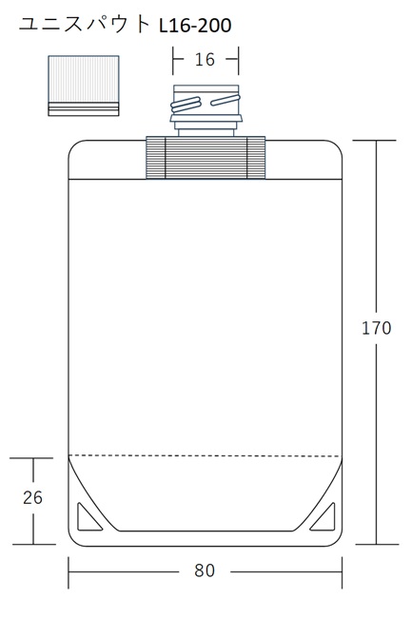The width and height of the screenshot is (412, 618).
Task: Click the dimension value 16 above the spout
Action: pyautogui.click(x=205, y=60)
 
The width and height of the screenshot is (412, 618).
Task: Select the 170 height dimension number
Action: pyautogui.click(x=377, y=328)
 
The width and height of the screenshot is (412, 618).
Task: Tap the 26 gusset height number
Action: pyautogui.click(x=32, y=498)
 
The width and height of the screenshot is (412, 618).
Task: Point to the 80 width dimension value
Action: pyautogui.click(x=205, y=570)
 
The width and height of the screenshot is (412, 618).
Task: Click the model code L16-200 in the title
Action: pyautogui.click(x=195, y=26)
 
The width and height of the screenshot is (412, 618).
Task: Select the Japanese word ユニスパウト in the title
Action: pyautogui.click(x=85, y=25)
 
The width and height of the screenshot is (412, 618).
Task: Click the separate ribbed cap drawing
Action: pyautogui.click(x=84, y=86)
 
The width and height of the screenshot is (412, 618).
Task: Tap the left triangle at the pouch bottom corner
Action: pyautogui.click(x=88, y=518)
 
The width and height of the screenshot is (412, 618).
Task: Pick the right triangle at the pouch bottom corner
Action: pyautogui.click(x=324, y=518)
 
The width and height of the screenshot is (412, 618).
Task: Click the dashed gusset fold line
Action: pyautogui.click(x=205, y=456)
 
